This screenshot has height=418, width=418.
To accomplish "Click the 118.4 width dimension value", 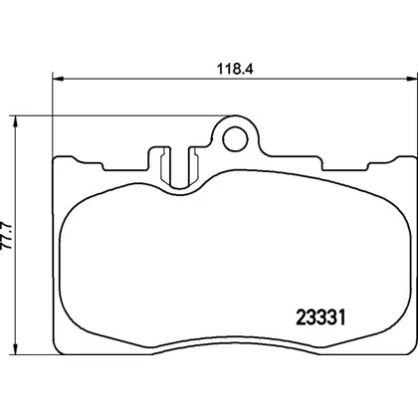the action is pos(235,70).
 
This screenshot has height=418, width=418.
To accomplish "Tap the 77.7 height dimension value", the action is pos(7,235).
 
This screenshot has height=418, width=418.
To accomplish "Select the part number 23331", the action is pos(320,317).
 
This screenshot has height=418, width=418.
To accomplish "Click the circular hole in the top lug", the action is pos(236,139).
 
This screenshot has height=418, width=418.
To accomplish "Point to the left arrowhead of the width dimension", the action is pos(58,79).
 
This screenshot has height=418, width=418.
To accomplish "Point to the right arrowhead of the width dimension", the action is pos(412,79).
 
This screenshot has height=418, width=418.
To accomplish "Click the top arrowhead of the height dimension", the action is pos(15,121).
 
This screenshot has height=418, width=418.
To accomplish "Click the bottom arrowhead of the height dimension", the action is pos(15,349).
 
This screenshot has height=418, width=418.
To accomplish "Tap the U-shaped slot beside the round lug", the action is pos(179,167).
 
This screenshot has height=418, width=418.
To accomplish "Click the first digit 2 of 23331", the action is pos(301,317).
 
